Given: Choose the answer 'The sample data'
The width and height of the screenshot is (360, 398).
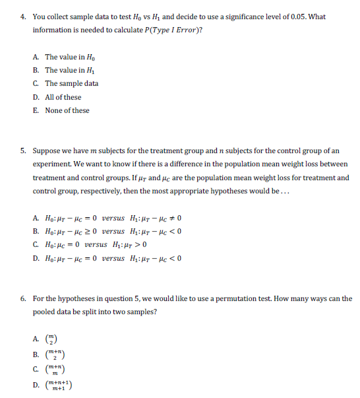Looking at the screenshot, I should click(x=71, y=84).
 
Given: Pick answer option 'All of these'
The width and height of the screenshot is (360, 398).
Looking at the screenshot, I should click(x=63, y=97).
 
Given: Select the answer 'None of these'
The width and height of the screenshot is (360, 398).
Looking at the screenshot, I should click(x=67, y=110).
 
